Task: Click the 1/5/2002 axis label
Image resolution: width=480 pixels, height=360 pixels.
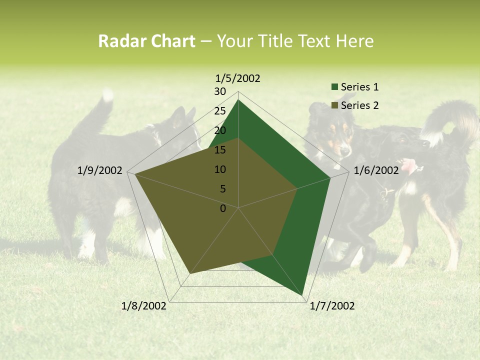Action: click(x=238, y=78)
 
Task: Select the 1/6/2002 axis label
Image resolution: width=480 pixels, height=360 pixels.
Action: click(x=376, y=170)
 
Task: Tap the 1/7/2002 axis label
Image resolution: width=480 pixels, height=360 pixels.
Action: click(x=332, y=306)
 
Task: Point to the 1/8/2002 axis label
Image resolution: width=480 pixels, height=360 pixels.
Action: click(x=144, y=306)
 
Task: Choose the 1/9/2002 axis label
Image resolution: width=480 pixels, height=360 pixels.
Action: click(x=100, y=170)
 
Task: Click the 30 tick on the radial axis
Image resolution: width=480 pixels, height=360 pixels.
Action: click(x=220, y=91)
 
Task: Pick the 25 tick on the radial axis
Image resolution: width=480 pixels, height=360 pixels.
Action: click(x=220, y=111)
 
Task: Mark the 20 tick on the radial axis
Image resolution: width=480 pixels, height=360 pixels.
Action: click(x=220, y=130)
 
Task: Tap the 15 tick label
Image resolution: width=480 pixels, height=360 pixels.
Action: click(x=220, y=150)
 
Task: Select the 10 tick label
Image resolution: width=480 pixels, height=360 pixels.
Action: click(x=220, y=169)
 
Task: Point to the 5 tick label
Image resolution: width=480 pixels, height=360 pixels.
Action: click(x=222, y=189)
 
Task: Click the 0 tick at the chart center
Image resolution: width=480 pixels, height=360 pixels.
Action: click(x=223, y=208)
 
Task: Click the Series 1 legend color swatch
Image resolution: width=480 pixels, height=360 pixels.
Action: click(x=334, y=87)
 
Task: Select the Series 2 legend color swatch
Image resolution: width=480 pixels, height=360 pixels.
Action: click(x=334, y=105)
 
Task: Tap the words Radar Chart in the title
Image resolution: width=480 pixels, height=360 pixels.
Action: click(x=146, y=41)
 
